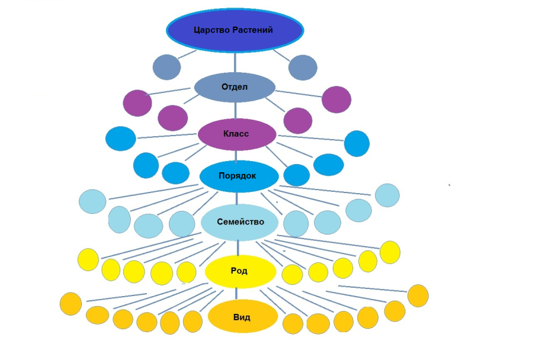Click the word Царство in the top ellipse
214,30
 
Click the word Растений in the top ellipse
253,30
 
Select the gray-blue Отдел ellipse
235,87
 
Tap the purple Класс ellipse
236,134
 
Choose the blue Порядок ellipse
239,176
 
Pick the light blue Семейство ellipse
240,222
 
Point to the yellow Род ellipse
240,271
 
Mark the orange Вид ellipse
242,317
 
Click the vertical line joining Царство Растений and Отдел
235,62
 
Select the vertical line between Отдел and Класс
236,110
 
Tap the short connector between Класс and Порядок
237,156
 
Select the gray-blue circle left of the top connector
166,67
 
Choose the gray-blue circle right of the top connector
303,67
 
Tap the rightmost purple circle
336,99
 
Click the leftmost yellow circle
88,259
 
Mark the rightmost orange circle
418,295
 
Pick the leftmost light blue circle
92,201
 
